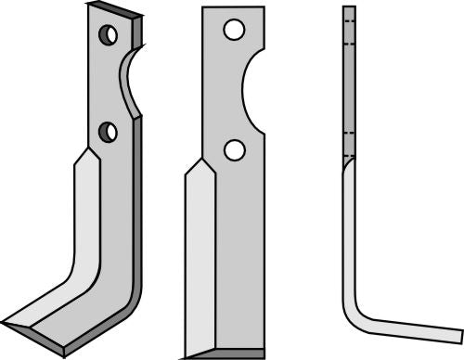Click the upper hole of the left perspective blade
[110, 36]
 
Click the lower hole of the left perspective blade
[110, 132]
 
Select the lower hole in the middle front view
[235, 148]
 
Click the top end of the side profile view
[349, 9]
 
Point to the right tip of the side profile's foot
[459, 333]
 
